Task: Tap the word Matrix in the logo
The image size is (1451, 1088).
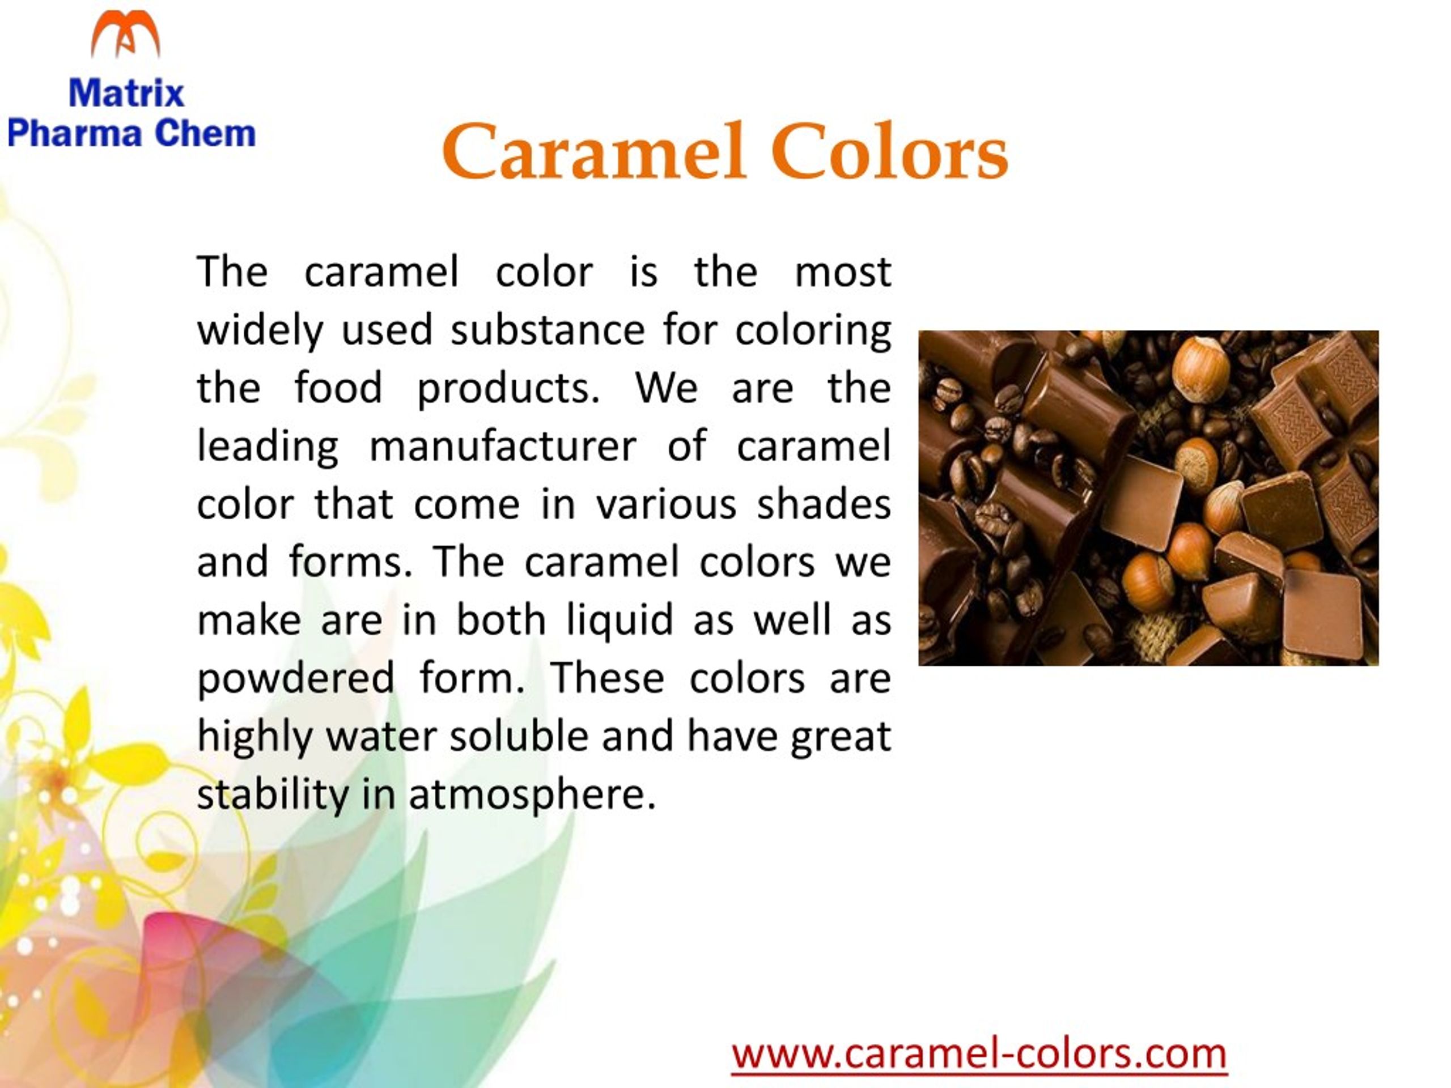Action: tap(126, 92)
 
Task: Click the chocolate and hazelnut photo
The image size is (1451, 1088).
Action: tap(1148, 498)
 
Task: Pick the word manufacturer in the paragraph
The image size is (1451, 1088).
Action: tap(503, 446)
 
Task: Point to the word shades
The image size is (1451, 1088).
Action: tap(824, 504)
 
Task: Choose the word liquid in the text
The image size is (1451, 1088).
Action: tap(620, 621)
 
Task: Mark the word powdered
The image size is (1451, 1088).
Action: tap(296, 679)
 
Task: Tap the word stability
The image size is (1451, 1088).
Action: tap(273, 795)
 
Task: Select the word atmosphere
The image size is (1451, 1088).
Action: tap(532, 795)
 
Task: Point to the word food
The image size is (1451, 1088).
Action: tap(338, 387)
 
